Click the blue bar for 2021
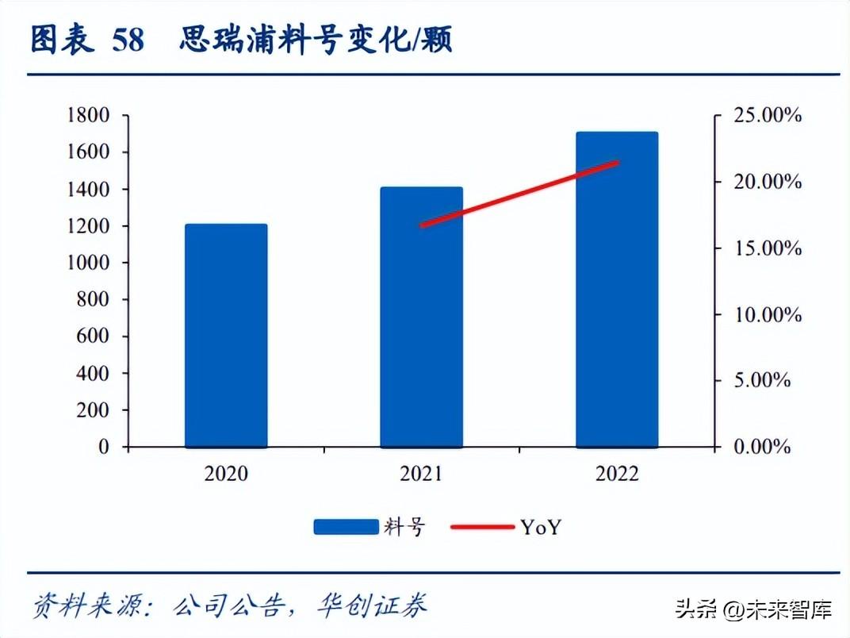click(x=421, y=317)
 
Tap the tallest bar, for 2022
click(x=617, y=290)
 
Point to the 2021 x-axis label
click(x=421, y=474)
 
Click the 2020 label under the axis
click(x=226, y=474)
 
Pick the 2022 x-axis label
click(x=617, y=474)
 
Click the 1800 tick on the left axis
click(x=87, y=116)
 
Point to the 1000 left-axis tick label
click(x=87, y=263)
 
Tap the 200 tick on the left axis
click(x=94, y=410)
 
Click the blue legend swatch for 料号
click(x=346, y=527)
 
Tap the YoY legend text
click(x=541, y=527)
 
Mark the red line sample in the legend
click(x=482, y=527)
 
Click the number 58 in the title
click(x=128, y=40)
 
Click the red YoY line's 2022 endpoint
click(x=617, y=163)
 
